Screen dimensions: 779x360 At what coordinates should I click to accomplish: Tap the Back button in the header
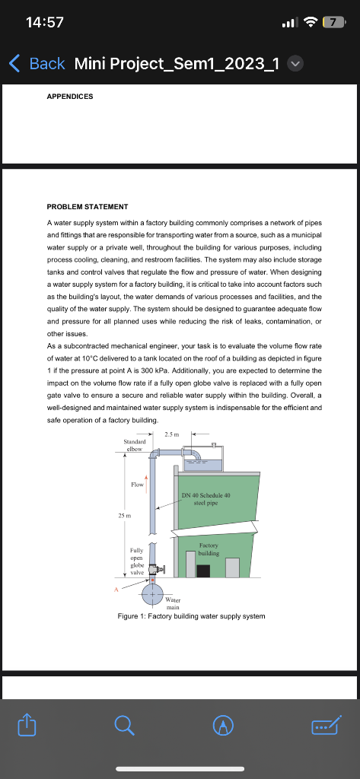tap(37, 63)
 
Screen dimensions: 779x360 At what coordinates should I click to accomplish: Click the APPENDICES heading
tap(70, 97)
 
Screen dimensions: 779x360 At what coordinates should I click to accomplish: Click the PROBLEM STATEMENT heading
tap(88, 206)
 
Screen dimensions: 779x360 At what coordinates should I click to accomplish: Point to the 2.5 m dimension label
tap(170, 434)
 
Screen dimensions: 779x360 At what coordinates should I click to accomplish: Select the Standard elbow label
tap(134, 444)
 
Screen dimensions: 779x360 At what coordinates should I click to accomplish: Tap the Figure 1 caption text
tap(191, 615)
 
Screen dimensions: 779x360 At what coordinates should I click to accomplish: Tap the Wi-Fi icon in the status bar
tap(309, 22)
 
